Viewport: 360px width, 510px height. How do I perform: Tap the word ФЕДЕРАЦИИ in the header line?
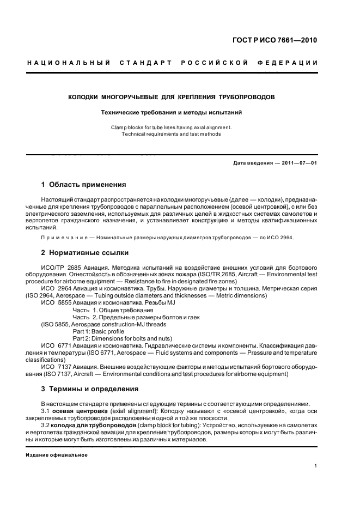coord(293,64)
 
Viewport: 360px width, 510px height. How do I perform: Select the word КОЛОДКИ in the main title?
coord(83,97)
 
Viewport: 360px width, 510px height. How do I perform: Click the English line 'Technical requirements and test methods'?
coord(171,134)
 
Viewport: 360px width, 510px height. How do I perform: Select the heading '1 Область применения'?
coord(84,185)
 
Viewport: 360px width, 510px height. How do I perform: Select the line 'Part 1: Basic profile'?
coord(98,331)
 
